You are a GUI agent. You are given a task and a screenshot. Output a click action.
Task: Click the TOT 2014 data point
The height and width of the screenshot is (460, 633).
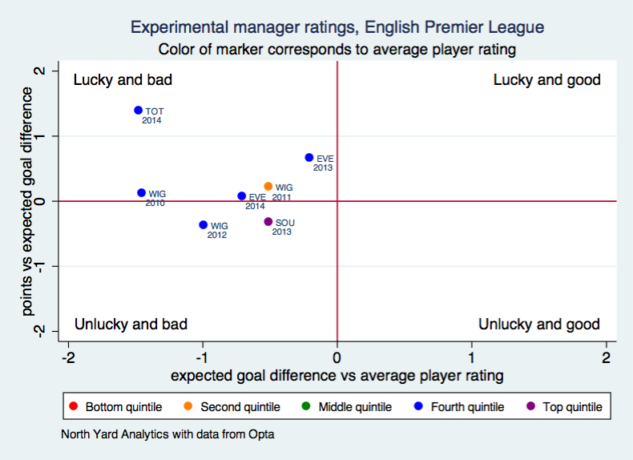tap(138, 111)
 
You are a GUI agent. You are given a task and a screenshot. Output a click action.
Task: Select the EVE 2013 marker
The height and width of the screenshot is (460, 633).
tap(309, 158)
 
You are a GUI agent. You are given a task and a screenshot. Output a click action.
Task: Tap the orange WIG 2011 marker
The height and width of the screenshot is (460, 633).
tap(268, 187)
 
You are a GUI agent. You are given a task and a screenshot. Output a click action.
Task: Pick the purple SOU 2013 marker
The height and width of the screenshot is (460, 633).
tap(268, 222)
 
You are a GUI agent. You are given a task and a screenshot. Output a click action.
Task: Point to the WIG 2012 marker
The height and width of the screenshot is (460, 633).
tap(204, 225)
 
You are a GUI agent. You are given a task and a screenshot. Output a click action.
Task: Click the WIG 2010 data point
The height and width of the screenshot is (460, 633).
tap(142, 193)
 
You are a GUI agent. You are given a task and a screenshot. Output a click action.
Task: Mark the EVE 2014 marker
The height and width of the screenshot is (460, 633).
tap(242, 196)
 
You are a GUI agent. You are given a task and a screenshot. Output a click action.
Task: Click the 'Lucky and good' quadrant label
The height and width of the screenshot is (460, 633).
tap(546, 80)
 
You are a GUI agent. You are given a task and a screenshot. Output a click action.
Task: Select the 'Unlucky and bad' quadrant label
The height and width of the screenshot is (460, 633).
tap(131, 325)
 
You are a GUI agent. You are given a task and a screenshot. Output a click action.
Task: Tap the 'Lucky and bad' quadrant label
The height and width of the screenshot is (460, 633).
tap(123, 80)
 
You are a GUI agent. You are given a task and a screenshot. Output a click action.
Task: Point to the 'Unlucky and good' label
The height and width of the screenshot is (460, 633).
tap(538, 325)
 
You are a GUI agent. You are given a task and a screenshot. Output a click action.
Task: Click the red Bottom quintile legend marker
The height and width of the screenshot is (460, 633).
tap(74, 407)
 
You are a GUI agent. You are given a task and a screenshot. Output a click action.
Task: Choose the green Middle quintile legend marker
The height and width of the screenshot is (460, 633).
tap(307, 407)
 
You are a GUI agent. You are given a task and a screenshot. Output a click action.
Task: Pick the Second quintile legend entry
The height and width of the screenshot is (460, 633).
tap(232, 407)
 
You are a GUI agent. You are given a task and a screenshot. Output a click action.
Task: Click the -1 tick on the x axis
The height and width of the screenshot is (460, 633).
tap(203, 357)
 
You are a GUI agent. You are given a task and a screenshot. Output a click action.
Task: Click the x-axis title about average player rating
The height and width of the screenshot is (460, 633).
tap(337, 375)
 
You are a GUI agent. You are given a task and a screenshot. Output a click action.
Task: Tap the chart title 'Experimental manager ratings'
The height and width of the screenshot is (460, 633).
tap(337, 27)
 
